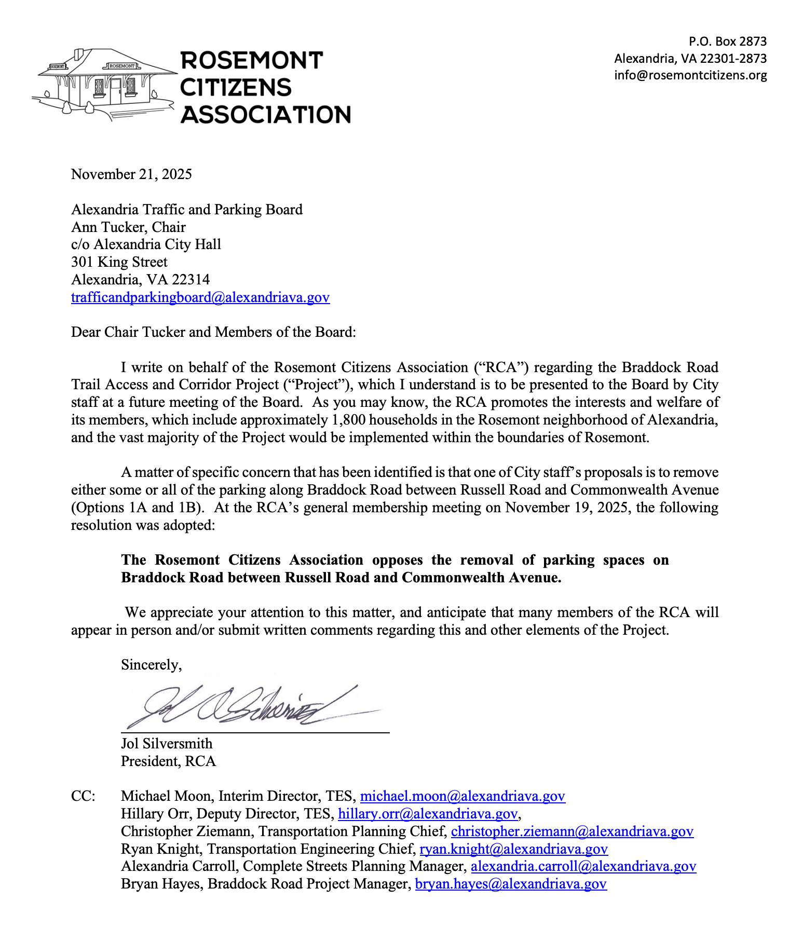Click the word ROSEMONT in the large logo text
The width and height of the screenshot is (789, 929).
coord(252,61)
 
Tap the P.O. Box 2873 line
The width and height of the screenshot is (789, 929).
coord(727,42)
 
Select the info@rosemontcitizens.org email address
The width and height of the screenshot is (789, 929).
coord(690,75)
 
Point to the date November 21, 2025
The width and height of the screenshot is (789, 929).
coord(131,174)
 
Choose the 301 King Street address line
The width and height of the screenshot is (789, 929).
coord(119,262)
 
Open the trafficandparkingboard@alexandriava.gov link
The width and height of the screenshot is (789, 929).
coord(200,297)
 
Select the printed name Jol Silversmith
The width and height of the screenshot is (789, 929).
coord(167,744)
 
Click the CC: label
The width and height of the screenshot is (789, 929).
coord(83,797)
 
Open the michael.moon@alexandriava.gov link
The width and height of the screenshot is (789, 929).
coord(462,797)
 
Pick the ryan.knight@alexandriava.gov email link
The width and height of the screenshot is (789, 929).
coord(513,849)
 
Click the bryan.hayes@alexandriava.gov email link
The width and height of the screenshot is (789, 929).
coord(511,884)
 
